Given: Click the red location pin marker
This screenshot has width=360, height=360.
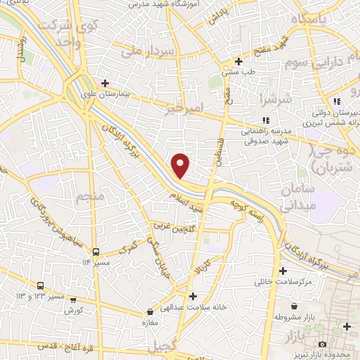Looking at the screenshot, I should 181,165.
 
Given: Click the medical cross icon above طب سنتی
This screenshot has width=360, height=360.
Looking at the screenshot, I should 240,62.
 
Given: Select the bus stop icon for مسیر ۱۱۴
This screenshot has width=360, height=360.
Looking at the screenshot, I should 96,252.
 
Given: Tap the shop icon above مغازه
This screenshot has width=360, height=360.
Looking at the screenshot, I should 150,312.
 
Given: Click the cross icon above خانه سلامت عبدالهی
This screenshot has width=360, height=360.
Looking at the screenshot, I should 193,296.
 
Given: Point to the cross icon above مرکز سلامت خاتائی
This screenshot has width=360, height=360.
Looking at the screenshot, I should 283,271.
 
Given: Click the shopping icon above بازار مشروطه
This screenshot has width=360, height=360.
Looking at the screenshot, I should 292,307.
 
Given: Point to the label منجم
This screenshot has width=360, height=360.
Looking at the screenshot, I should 92,196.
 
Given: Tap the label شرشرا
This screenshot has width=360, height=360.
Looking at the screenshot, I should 270,98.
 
